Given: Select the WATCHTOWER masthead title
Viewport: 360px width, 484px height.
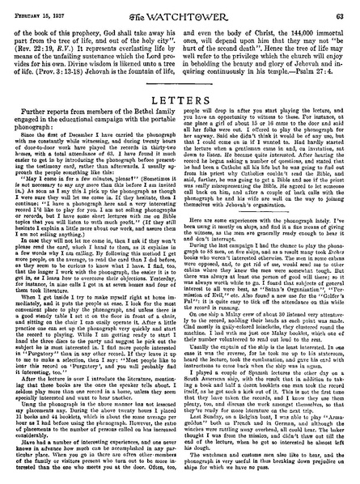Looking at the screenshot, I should [x=180, y=10].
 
